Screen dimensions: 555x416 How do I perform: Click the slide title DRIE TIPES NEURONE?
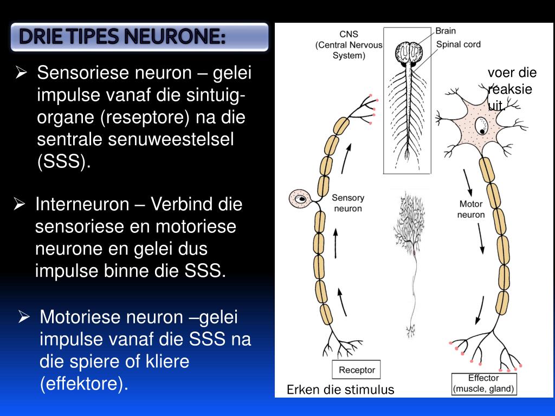click(122, 37)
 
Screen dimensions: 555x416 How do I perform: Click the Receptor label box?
click(357, 370)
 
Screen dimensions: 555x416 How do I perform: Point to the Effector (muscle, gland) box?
click(483, 383)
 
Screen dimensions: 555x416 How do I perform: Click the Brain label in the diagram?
click(446, 31)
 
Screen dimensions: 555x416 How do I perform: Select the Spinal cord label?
click(458, 44)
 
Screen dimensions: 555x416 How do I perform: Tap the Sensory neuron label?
click(347, 203)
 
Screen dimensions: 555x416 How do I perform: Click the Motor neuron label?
click(471, 209)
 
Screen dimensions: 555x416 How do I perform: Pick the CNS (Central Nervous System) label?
click(349, 44)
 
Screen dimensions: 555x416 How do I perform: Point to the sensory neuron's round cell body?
click(299, 199)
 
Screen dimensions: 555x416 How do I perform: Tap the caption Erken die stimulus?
click(340, 389)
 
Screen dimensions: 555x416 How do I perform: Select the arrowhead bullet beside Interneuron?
click(20, 205)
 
